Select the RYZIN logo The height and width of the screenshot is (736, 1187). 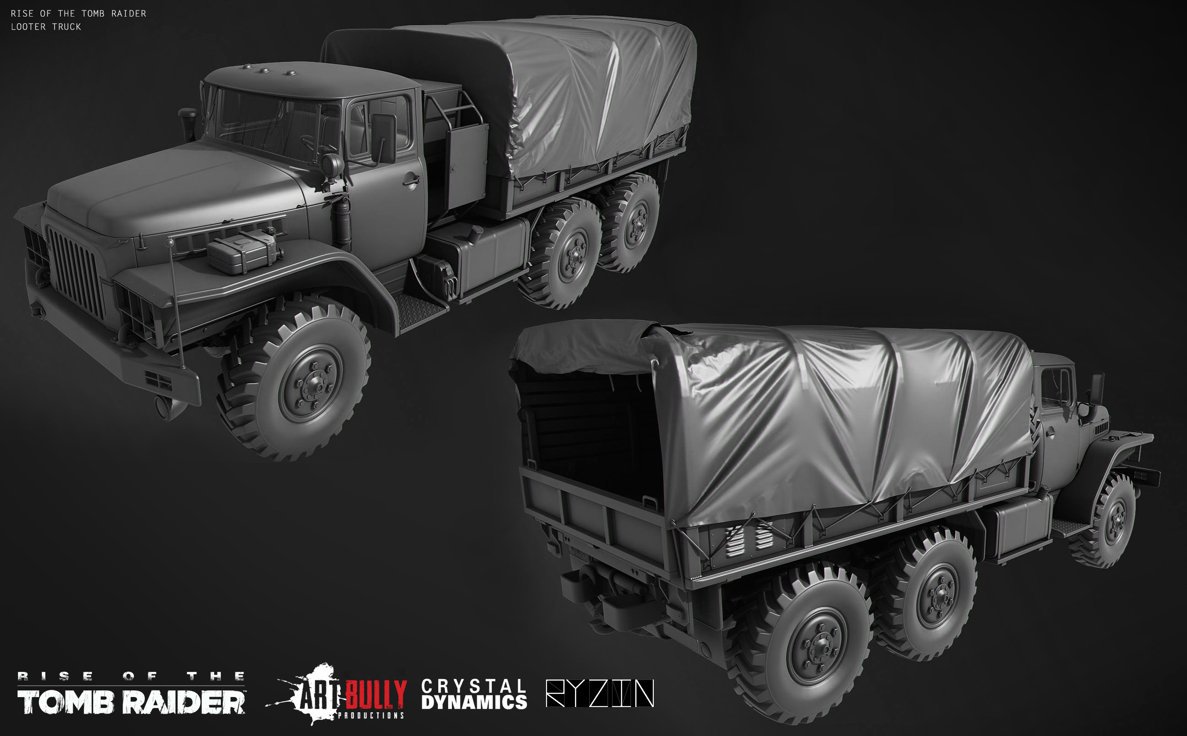point(600,693)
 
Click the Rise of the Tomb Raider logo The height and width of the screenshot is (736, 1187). point(132,693)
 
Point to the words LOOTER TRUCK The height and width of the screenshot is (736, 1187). point(46,27)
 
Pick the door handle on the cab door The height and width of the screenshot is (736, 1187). point(411,181)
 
